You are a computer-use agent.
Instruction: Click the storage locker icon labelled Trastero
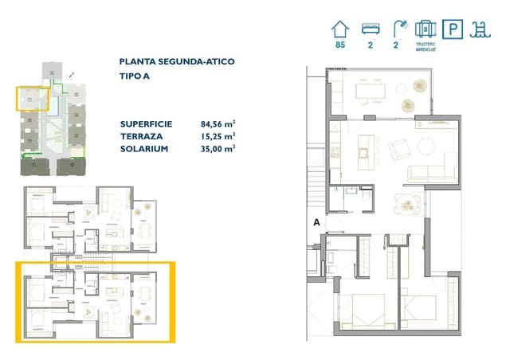pos(426,29)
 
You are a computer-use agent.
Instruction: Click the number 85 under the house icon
pos(341,45)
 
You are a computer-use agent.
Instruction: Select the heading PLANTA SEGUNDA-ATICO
pos(177,61)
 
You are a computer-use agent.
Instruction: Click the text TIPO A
pos(135,76)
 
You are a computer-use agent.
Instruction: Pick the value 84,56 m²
pos(218,123)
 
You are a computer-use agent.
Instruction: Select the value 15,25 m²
pos(218,135)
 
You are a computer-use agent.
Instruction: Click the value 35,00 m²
pos(218,148)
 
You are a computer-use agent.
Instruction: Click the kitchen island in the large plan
pos(368,148)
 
